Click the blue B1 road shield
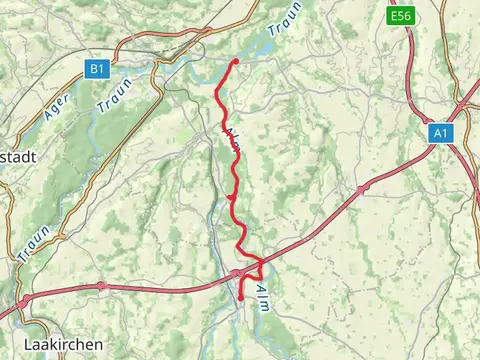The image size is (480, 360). [96, 69]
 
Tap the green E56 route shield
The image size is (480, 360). [401, 17]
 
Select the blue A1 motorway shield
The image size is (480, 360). [441, 132]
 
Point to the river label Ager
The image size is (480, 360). [57, 104]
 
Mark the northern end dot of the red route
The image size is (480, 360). [235, 62]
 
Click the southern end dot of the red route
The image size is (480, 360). [241, 297]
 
